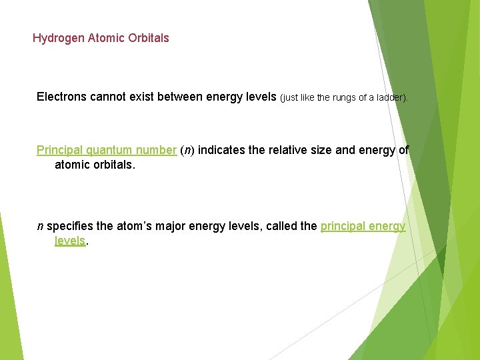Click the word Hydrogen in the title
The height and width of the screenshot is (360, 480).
(x=59, y=38)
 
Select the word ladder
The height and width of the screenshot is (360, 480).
(x=389, y=97)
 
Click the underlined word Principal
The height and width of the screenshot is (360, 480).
(x=59, y=150)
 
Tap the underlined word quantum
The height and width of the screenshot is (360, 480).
(x=113, y=150)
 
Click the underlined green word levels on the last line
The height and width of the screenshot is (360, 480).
(x=70, y=241)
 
